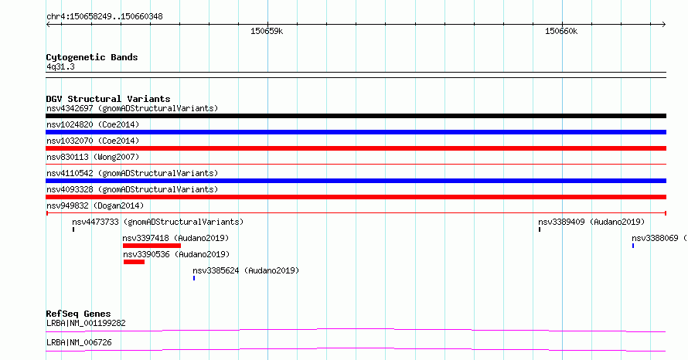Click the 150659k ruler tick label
point(267,31)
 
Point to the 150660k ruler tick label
point(561,31)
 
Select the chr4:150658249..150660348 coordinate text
point(104,17)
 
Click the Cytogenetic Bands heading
point(92,57)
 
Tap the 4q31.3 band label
point(60,66)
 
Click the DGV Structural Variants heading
point(108,99)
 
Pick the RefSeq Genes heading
point(78,314)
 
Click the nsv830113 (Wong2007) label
point(93,157)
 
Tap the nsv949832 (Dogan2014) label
point(95,205)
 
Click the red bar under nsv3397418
point(152,246)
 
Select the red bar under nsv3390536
point(134,262)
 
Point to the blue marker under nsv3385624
point(194,278)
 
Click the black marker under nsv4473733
point(73,229)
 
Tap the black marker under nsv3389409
point(540,229)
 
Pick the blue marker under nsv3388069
point(632,246)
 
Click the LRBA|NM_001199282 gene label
point(86,323)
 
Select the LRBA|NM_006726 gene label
point(79,342)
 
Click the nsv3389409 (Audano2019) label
point(591,222)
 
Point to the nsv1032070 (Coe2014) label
point(93,141)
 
